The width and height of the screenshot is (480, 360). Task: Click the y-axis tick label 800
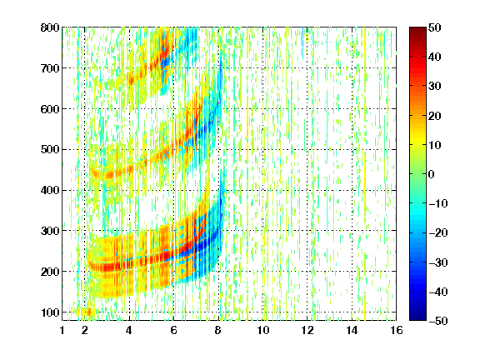click(50, 27)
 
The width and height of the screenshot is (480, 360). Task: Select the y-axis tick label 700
click(50, 68)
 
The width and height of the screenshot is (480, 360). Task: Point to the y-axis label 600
click(50, 109)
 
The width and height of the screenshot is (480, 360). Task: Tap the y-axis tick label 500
click(50, 150)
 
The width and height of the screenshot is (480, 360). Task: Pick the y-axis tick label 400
click(50, 191)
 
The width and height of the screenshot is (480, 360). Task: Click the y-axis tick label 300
click(50, 231)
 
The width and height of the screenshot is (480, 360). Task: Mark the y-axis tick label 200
click(50, 272)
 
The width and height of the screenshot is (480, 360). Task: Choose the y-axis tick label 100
click(50, 312)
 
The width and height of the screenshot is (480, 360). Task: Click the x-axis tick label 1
click(62, 330)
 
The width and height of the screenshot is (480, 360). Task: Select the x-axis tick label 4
click(129, 330)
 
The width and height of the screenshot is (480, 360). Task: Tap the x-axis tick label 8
click(218, 330)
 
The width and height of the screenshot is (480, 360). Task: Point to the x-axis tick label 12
click(307, 330)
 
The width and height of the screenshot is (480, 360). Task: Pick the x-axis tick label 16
click(397, 330)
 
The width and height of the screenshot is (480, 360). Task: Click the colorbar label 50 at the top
click(435, 27)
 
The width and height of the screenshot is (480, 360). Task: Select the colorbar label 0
click(432, 174)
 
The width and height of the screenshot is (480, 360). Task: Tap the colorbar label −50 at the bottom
click(438, 321)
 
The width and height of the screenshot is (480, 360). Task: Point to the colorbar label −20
click(438, 233)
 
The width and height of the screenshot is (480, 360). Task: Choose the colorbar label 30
click(435, 87)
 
